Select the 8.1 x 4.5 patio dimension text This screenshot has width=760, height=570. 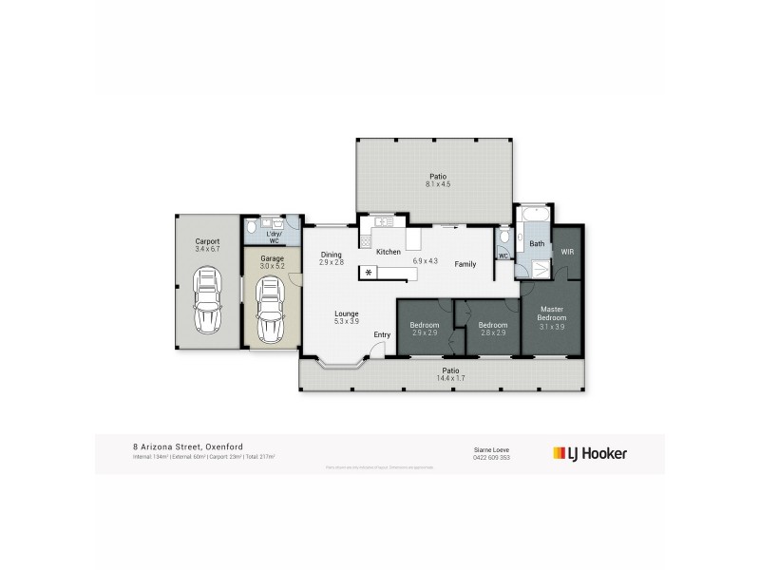tap(437, 185)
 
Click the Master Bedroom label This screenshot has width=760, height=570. tap(553, 313)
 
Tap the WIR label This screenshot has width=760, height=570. tap(567, 252)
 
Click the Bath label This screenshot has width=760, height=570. tap(537, 244)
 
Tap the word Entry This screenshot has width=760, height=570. tap(382, 334)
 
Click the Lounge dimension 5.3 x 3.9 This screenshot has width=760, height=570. tap(347, 321)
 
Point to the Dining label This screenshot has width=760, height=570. tap(331, 254)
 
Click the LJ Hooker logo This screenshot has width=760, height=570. tap(590, 453)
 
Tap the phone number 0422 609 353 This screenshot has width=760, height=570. tap(491, 458)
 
